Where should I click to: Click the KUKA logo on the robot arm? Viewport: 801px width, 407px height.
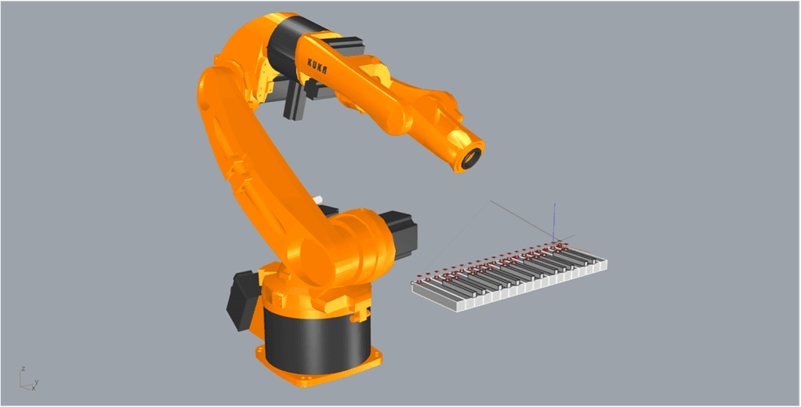pos(317,66)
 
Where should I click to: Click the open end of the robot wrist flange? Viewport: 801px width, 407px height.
pos(473,158)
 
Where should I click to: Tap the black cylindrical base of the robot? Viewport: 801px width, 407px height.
pos(316,338)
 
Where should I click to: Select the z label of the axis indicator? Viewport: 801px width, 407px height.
pos(24,369)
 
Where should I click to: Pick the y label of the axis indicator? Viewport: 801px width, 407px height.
pos(37,381)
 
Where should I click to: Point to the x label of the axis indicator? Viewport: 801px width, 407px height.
pos(34,388)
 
